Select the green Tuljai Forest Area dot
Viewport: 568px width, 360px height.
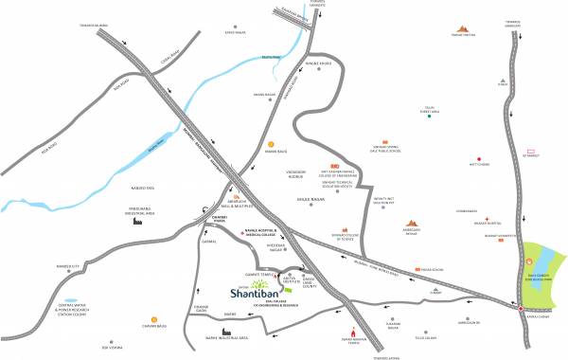coord(430,118)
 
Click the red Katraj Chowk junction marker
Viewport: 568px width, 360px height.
coord(521,307)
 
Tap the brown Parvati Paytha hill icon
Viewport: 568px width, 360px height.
coord(463,30)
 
